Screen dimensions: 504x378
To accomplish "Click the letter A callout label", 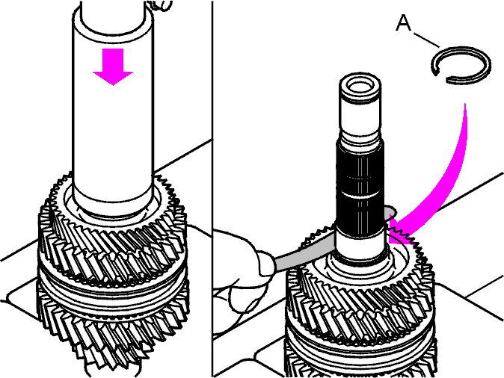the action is tap(403, 23).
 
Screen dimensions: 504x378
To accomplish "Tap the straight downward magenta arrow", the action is tap(113, 66).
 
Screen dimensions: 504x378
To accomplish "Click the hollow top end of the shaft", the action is tap(360, 85).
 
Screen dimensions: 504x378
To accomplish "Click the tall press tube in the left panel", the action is tap(113, 106).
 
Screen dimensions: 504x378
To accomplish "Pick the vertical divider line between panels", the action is tap(212, 189).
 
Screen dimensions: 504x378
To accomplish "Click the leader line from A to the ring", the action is tap(426, 40).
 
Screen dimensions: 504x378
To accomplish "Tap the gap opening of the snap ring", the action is tap(440, 75).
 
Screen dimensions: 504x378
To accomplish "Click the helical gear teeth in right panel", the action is tap(360, 309).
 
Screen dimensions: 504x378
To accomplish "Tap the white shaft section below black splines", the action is tap(360, 246).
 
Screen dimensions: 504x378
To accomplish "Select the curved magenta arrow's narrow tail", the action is tap(465, 111).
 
